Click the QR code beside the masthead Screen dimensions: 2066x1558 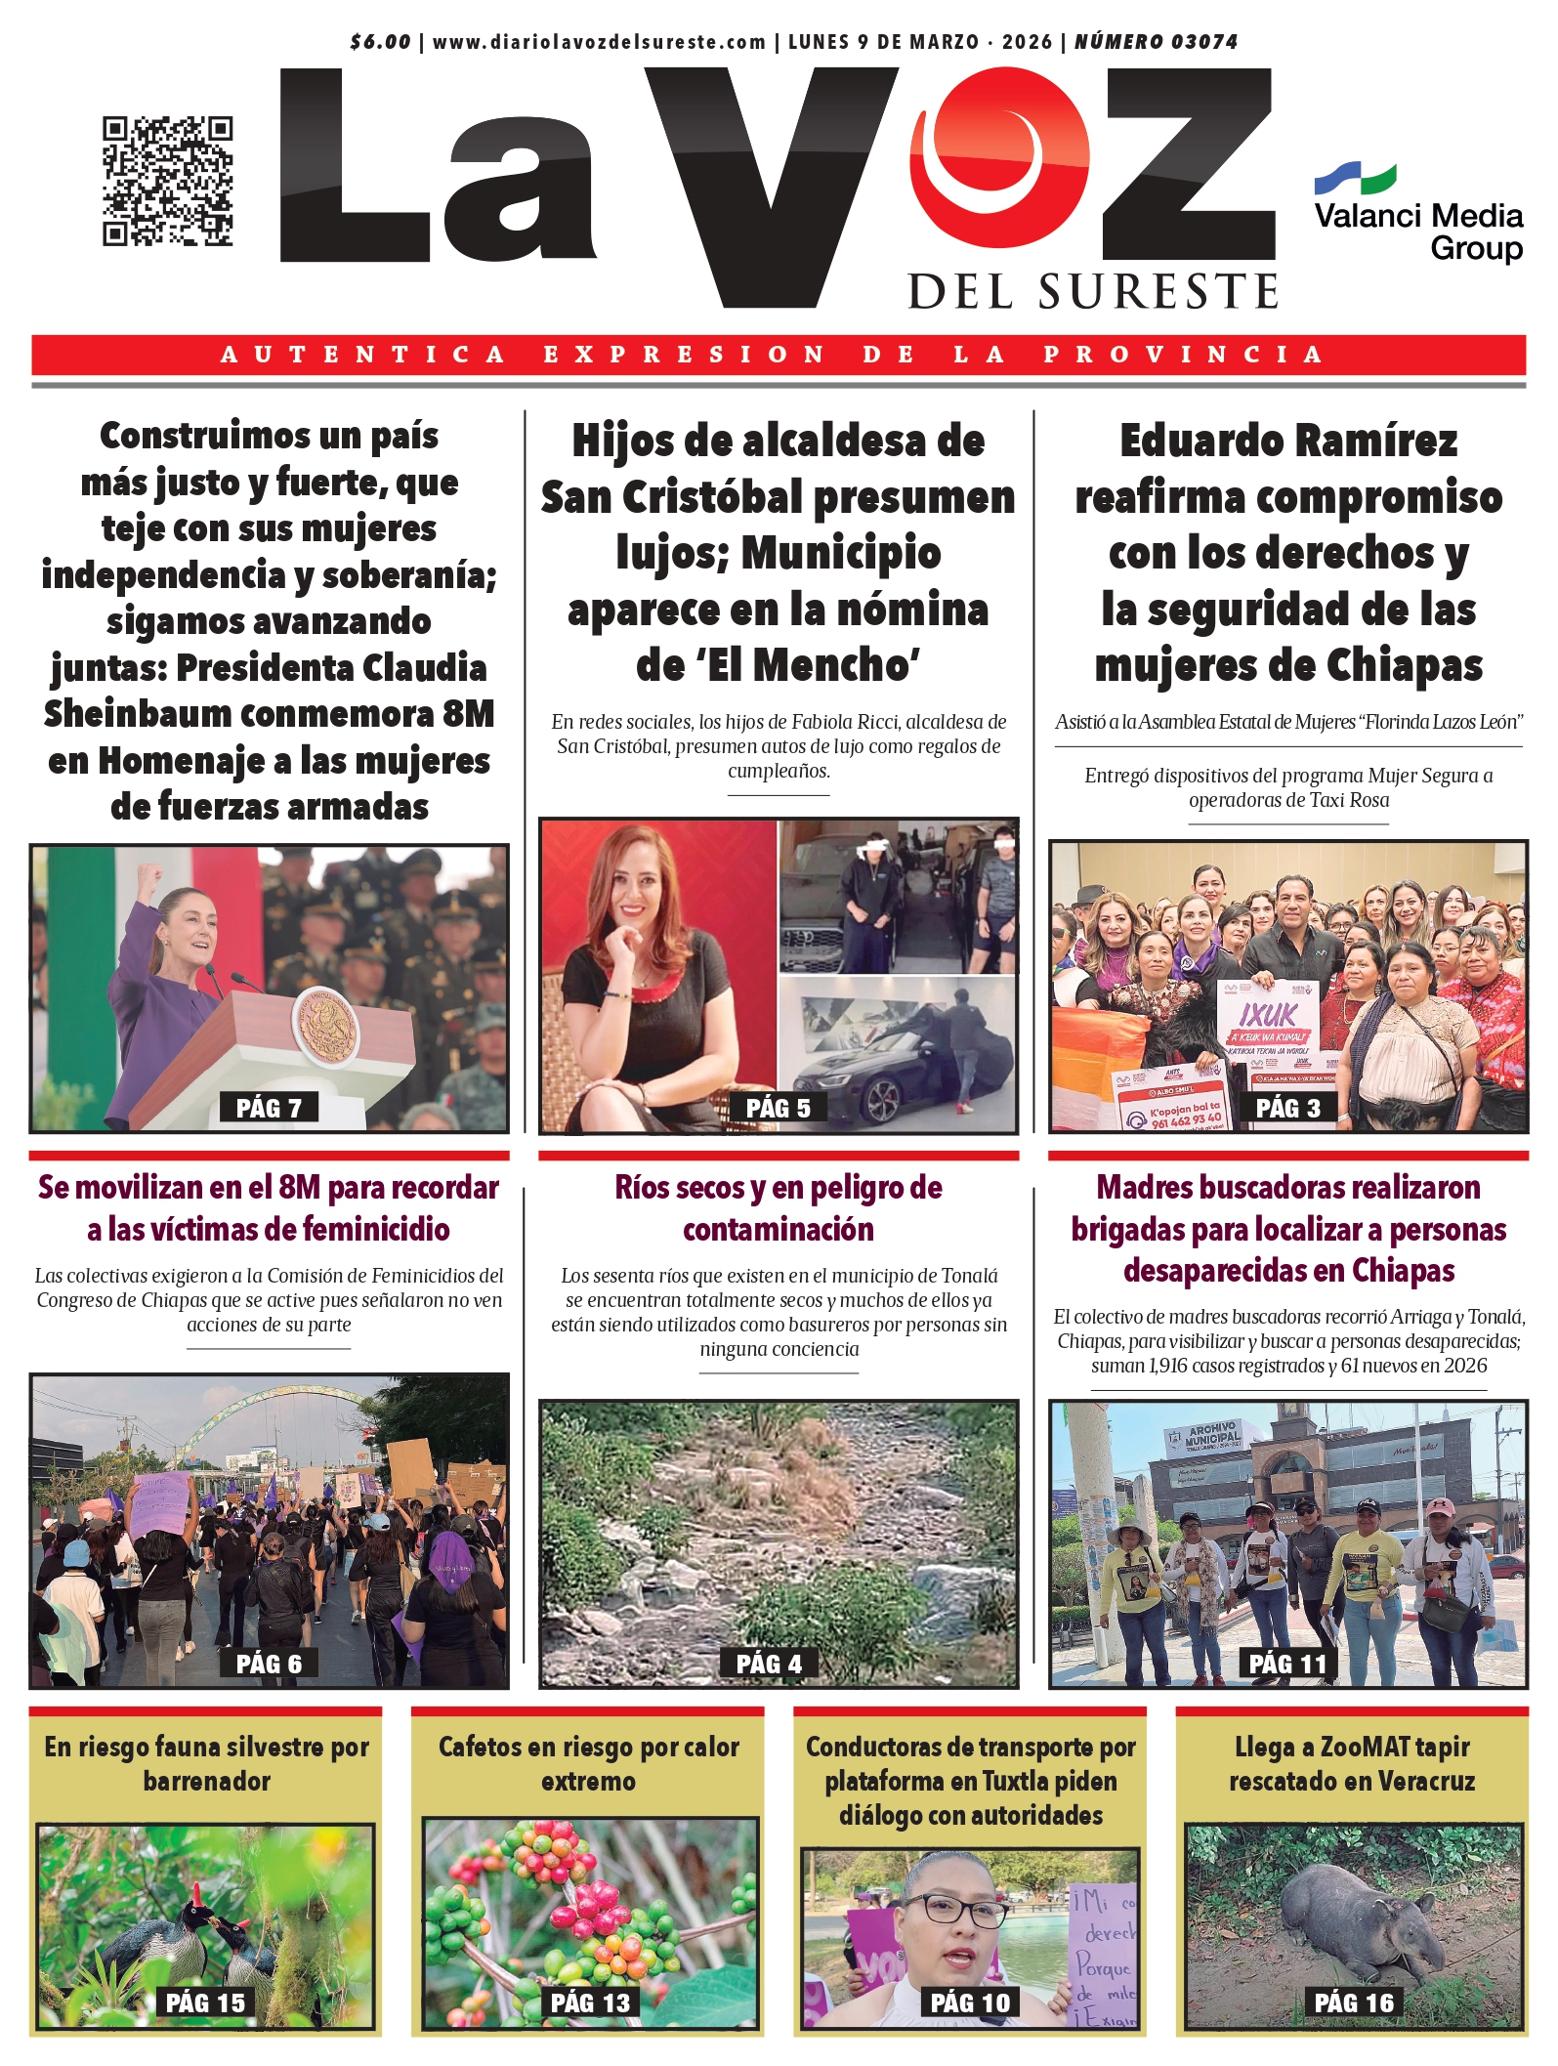[x=167, y=181]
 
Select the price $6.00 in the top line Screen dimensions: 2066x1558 [x=380, y=42]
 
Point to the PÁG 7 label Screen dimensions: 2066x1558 [x=269, y=1108]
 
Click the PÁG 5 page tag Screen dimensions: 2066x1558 [x=778, y=1108]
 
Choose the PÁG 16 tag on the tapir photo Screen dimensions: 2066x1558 [x=1353, y=2003]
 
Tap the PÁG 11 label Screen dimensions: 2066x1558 [x=1287, y=1664]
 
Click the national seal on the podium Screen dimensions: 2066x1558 [x=325, y=1026]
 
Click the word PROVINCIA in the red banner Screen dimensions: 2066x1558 [x=1183, y=355]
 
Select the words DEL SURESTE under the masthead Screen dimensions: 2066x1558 [x=1093, y=292]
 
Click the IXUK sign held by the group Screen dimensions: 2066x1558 [x=1267, y=1015]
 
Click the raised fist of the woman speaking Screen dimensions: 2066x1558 [x=148, y=872]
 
